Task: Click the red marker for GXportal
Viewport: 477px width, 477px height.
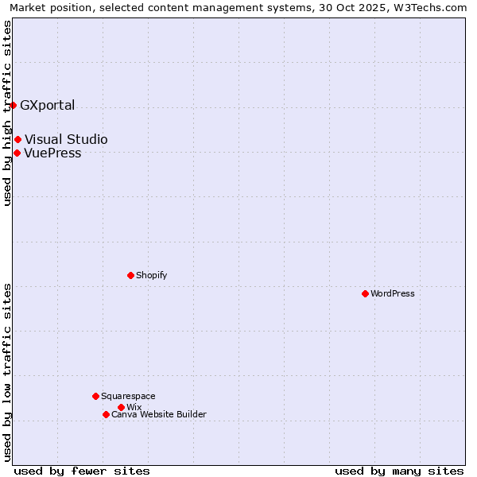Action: pyautogui.click(x=13, y=105)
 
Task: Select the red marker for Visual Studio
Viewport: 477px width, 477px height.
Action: pyautogui.click(x=17, y=140)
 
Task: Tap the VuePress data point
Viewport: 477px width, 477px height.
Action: pyautogui.click(x=17, y=153)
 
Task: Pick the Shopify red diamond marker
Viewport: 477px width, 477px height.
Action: pyautogui.click(x=130, y=275)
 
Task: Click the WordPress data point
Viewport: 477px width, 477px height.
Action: pyautogui.click(x=365, y=293)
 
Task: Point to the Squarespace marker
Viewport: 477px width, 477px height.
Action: pyautogui.click(x=95, y=396)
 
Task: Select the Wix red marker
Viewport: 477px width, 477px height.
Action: pyautogui.click(x=121, y=407)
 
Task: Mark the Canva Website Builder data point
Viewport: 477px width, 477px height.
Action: pyautogui.click(x=106, y=414)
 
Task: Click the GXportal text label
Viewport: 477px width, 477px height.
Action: pyautogui.click(x=48, y=105)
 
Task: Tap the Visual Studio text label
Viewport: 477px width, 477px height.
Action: pyautogui.click(x=66, y=140)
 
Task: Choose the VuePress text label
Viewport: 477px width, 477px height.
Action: pyautogui.click(x=52, y=153)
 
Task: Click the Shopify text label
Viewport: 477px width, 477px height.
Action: pyautogui.click(x=152, y=275)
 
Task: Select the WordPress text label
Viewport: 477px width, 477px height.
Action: pyautogui.click(x=393, y=293)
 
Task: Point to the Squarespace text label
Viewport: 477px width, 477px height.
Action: pyautogui.click(x=128, y=396)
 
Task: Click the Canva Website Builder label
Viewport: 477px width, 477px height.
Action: pyautogui.click(x=159, y=414)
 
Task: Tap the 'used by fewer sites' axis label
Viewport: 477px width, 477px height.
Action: pyautogui.click(x=82, y=471)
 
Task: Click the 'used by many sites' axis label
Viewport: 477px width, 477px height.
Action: pyautogui.click(x=399, y=471)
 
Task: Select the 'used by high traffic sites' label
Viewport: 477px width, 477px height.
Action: pyautogui.click(x=7, y=113)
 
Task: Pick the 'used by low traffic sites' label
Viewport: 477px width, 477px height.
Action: pyautogui.click(x=7, y=372)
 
